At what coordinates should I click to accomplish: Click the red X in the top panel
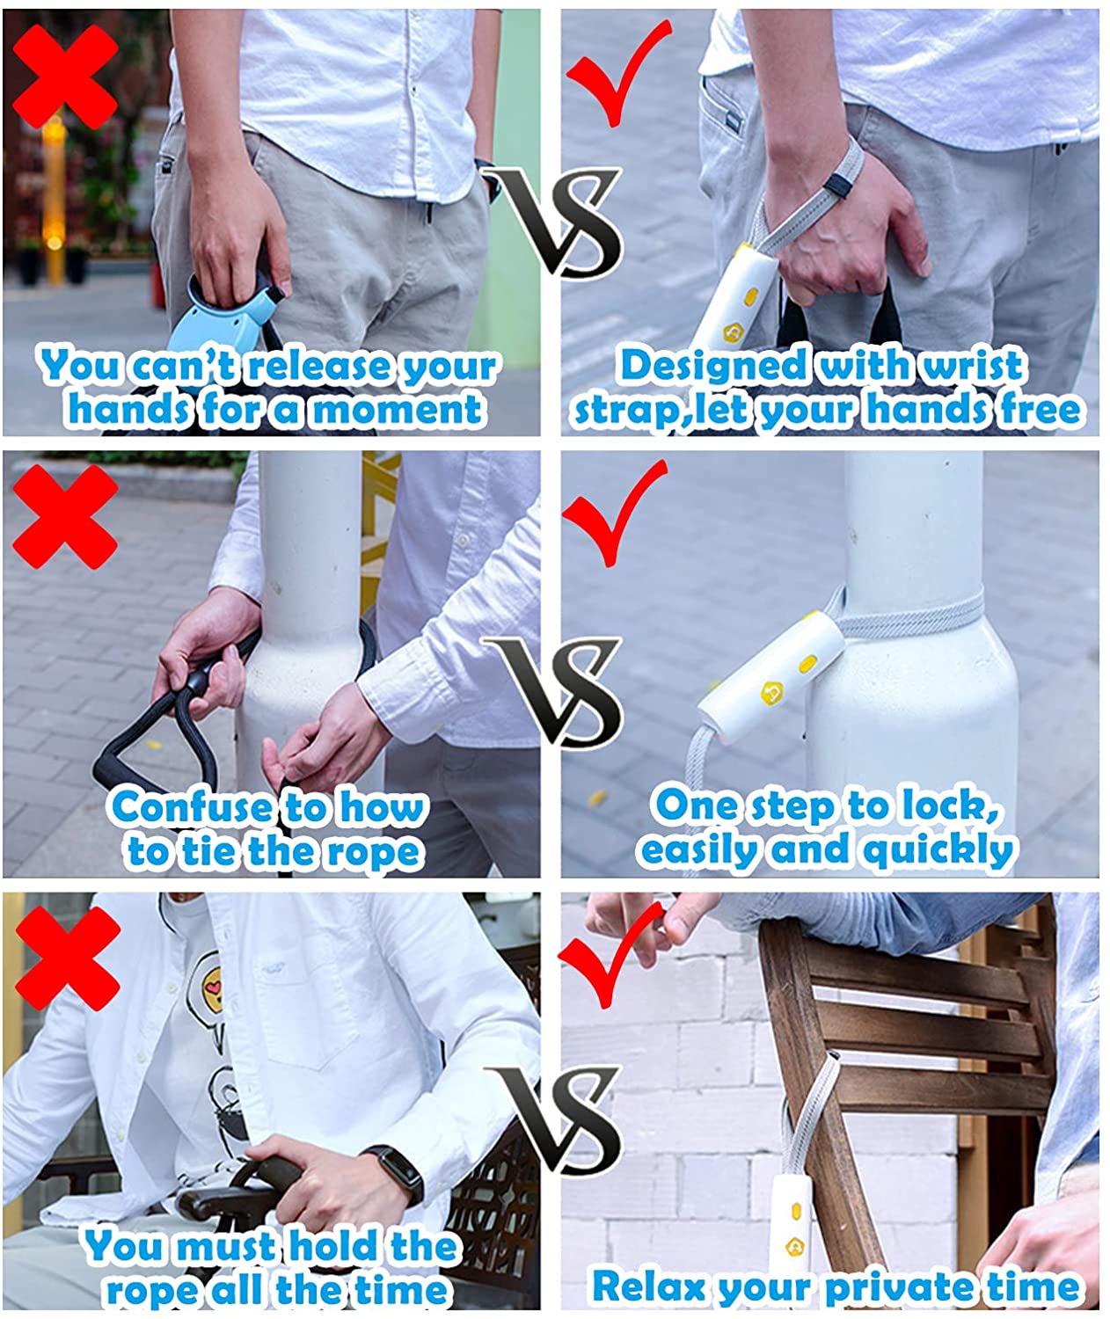tap(65, 77)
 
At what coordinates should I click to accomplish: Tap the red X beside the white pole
tap(65, 517)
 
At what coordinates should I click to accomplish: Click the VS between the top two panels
tap(551, 222)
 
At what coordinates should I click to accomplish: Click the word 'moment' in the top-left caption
tap(398, 410)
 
